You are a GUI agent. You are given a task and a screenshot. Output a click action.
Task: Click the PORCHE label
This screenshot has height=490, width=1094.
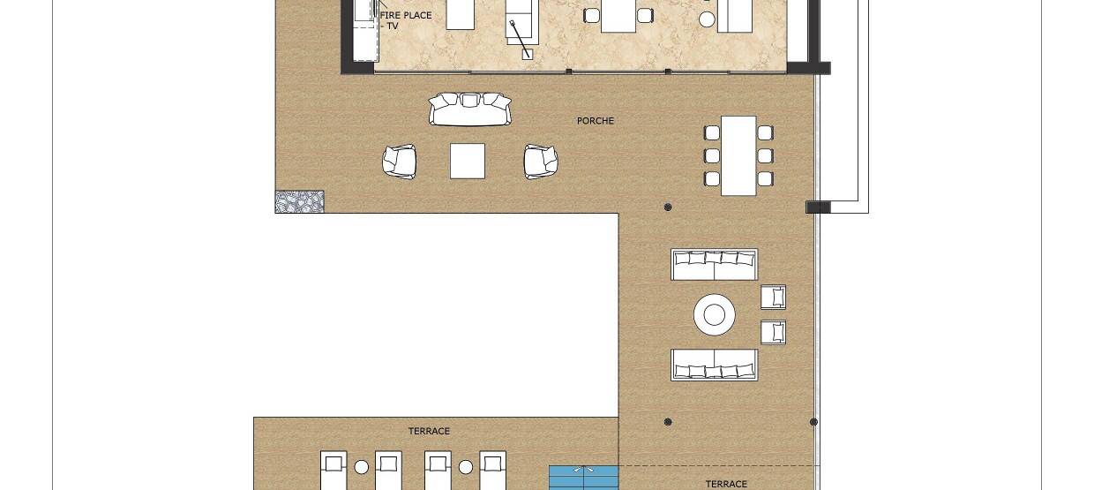(x=595, y=121)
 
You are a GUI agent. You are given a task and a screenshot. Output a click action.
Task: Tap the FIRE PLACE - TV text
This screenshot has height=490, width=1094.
(x=405, y=20)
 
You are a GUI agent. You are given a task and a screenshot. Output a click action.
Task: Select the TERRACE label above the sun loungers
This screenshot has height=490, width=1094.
(x=429, y=431)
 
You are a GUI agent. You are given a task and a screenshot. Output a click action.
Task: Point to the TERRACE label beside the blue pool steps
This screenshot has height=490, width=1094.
(x=726, y=484)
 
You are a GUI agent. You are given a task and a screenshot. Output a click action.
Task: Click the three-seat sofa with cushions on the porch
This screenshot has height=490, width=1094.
(x=470, y=109)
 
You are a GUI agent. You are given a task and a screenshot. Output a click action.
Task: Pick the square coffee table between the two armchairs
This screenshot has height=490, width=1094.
(x=468, y=161)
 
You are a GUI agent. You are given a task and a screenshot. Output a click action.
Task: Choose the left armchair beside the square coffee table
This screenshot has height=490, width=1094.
(x=400, y=162)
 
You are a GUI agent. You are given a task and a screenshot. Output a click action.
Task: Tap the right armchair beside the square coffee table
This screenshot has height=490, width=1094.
(x=541, y=162)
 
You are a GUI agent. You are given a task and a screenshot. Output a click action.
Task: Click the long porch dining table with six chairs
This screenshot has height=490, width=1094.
(x=738, y=156)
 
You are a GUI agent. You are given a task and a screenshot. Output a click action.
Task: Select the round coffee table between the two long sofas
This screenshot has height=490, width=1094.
(x=714, y=314)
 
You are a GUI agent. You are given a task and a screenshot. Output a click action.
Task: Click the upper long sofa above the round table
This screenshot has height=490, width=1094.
(x=714, y=265)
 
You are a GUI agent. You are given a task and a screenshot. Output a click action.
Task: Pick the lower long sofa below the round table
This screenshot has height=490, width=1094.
(x=714, y=365)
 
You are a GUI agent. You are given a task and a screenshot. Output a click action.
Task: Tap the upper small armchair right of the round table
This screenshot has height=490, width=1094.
(x=773, y=297)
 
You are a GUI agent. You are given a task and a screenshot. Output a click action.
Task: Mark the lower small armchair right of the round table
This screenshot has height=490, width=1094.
(x=773, y=332)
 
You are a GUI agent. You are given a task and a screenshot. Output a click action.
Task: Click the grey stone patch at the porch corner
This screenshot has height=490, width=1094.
(x=299, y=202)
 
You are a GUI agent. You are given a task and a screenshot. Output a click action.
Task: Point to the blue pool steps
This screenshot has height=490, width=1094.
(x=584, y=478)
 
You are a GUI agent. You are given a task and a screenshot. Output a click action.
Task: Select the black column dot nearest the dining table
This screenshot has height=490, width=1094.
(x=668, y=207)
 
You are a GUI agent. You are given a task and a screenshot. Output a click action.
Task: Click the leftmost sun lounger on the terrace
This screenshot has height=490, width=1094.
(x=333, y=471)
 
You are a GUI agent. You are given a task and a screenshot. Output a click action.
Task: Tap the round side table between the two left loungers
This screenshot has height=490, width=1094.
(x=362, y=468)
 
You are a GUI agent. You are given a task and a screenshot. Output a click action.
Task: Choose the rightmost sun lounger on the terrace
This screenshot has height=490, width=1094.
(x=493, y=471)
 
